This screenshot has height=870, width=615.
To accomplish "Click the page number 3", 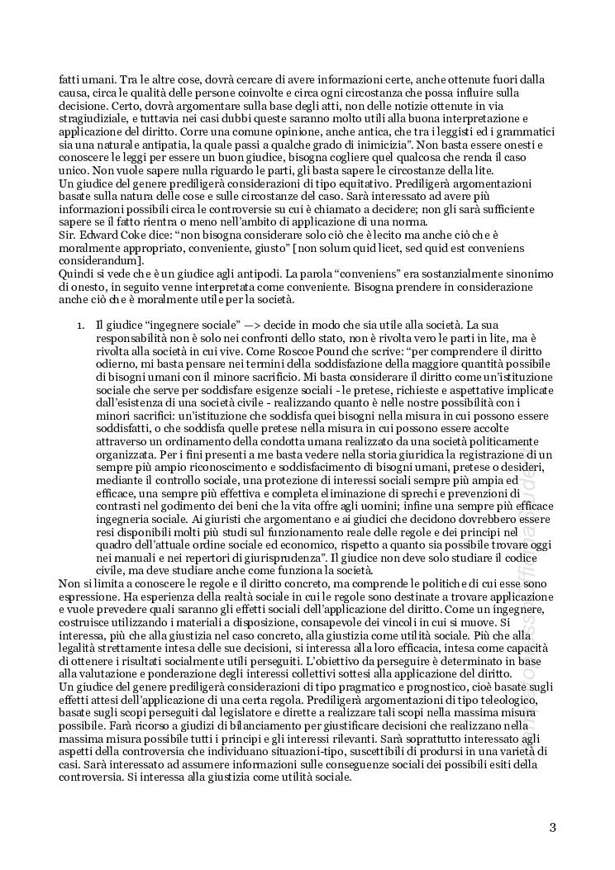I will coord(552,827).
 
